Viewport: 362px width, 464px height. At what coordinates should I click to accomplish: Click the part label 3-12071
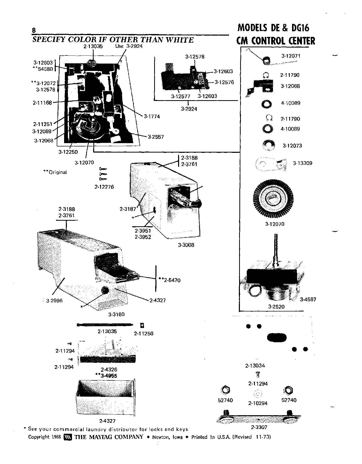pyautogui.click(x=291, y=56)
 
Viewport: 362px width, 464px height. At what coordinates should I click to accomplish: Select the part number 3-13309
pyautogui.click(x=302, y=163)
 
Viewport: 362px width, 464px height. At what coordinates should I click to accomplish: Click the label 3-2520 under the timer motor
pyautogui.click(x=276, y=307)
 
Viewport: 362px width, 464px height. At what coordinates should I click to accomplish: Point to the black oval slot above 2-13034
pyautogui.click(x=277, y=338)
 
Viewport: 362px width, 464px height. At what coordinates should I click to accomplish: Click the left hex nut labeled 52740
pyautogui.click(x=225, y=390)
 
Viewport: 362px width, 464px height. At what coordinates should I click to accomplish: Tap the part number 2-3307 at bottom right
pyautogui.click(x=259, y=427)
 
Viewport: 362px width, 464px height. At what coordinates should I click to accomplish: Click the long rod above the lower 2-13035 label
pyautogui.click(x=105, y=325)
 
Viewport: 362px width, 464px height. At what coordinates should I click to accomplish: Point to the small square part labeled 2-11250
pyautogui.click(x=142, y=325)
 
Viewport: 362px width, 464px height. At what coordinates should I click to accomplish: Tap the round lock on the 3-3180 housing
pyautogui.click(x=105, y=291)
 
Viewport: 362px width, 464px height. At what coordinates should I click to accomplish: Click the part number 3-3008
pyautogui.click(x=186, y=245)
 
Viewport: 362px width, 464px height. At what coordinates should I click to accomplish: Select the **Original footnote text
pyautogui.click(x=55, y=172)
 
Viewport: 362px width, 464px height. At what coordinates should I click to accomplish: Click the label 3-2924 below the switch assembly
pyautogui.click(x=189, y=109)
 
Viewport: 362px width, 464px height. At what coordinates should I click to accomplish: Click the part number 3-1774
pyautogui.click(x=152, y=116)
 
